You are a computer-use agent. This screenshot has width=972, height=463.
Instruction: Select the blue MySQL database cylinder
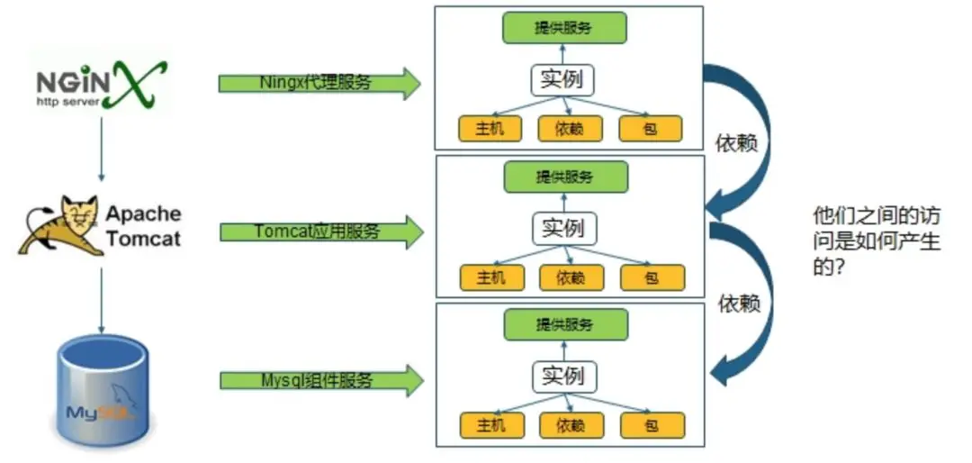(x=100, y=387)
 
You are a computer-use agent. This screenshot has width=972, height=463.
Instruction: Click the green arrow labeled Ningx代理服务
(x=319, y=83)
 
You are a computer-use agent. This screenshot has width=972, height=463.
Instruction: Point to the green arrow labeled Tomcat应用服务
(x=320, y=231)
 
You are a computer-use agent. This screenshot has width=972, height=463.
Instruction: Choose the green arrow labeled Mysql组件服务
(x=320, y=380)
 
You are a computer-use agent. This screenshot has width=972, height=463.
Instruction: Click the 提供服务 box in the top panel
(x=563, y=27)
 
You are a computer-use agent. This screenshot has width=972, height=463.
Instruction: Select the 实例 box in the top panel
(x=562, y=79)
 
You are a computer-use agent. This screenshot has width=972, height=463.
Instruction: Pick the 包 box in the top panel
(x=650, y=129)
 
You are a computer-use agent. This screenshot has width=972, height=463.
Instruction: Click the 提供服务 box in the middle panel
(x=565, y=176)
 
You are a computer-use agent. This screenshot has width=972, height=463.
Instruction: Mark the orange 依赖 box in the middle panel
(x=571, y=277)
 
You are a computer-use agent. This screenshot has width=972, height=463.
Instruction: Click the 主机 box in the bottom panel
(x=491, y=425)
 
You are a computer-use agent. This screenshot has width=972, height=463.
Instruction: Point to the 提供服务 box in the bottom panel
(x=565, y=323)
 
